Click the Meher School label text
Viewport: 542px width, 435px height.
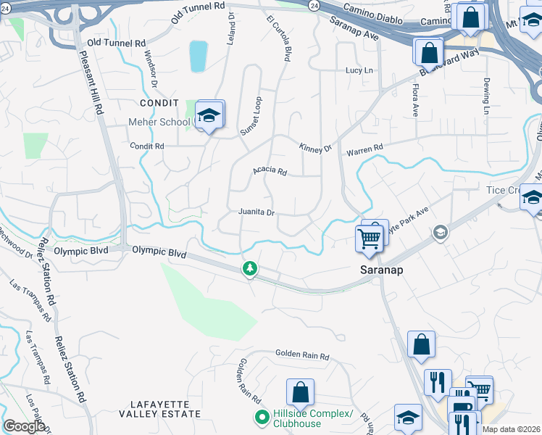pos(160,123)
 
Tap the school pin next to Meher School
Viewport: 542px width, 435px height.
pos(209,116)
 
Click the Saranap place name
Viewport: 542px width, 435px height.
pos(382,269)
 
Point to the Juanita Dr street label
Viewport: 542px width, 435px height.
pos(257,212)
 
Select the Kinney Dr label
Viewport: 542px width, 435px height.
pos(315,148)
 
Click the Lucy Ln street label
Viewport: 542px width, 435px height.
pos(359,70)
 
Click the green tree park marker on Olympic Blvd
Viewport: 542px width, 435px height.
pos(249,269)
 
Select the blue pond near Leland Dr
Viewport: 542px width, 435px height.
pos(198,56)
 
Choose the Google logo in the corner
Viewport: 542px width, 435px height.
pos(24,426)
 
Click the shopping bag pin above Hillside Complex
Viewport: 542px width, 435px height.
pos(300,394)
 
